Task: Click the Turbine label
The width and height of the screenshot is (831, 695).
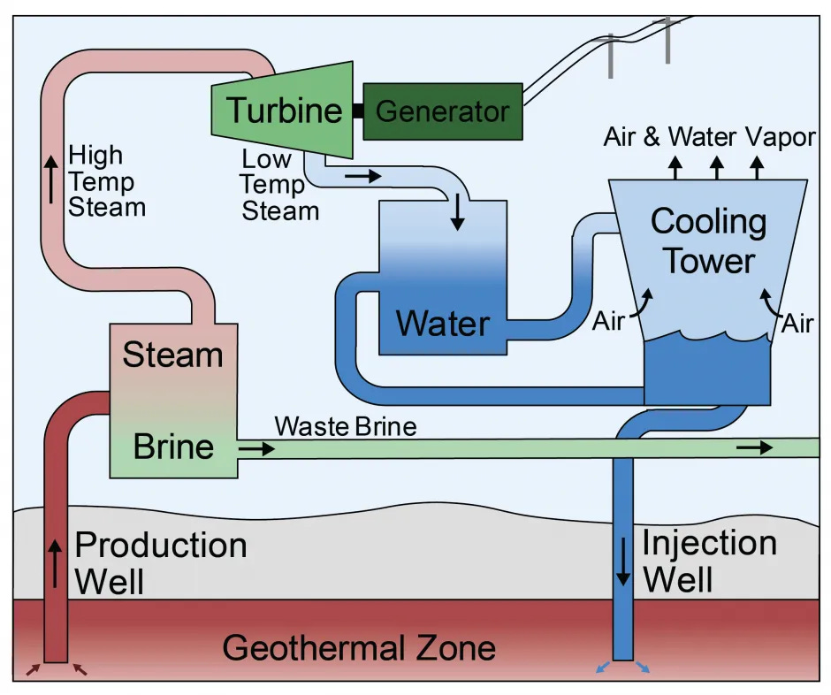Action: pyautogui.click(x=284, y=111)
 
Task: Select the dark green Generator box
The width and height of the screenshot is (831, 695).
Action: pyautogui.click(x=442, y=111)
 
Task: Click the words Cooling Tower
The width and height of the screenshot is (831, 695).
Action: pyautogui.click(x=709, y=241)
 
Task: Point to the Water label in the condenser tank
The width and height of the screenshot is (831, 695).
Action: pyautogui.click(x=442, y=324)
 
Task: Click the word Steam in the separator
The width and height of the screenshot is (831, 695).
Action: pyautogui.click(x=172, y=355)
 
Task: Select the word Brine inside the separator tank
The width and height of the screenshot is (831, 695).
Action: pyautogui.click(x=173, y=447)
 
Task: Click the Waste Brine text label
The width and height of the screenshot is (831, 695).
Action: pyautogui.click(x=345, y=427)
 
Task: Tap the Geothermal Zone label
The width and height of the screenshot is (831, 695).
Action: pyautogui.click(x=359, y=648)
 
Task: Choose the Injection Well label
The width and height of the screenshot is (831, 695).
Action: pyautogui.click(x=709, y=561)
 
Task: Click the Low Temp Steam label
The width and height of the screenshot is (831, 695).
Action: pyautogui.click(x=280, y=185)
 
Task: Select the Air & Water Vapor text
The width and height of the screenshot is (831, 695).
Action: pyautogui.click(x=710, y=137)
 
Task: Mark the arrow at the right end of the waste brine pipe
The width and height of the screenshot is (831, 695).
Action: pyautogui.click(x=754, y=448)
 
